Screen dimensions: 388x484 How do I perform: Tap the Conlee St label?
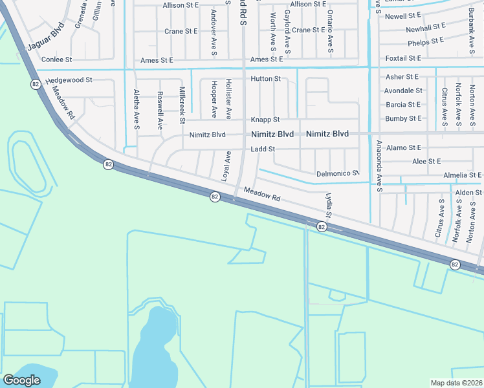point(56,59)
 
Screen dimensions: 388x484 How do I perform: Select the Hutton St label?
point(265,79)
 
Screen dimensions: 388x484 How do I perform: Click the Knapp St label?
point(265,120)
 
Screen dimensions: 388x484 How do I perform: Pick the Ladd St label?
point(263,149)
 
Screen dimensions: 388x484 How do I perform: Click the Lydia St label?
point(329,205)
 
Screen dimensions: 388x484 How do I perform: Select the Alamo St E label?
point(403,147)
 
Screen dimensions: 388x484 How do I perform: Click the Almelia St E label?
point(462,175)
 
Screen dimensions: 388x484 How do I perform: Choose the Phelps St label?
point(426,43)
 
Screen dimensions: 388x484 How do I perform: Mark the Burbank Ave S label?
point(472,25)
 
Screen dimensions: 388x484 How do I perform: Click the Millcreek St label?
point(182,105)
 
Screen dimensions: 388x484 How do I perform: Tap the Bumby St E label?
point(403,118)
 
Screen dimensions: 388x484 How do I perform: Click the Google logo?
point(21,380)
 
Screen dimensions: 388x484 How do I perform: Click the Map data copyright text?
point(457,383)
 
